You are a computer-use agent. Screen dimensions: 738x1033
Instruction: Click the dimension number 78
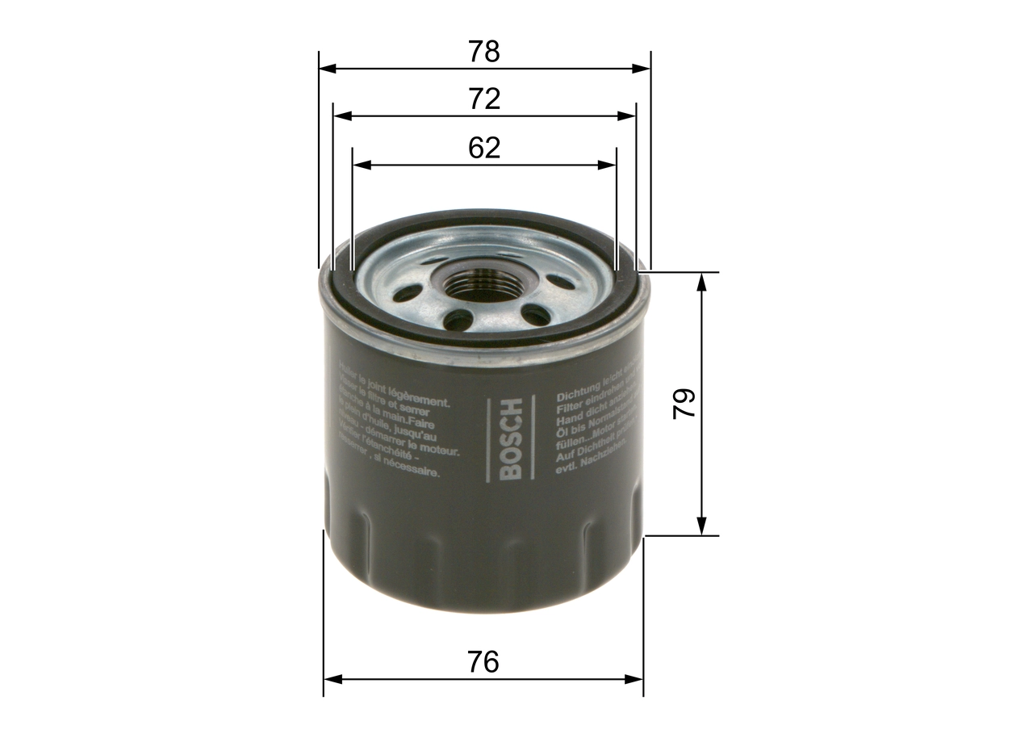[484, 52]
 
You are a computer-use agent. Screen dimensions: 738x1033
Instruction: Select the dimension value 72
[484, 99]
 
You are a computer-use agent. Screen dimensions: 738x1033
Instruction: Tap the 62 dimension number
[484, 148]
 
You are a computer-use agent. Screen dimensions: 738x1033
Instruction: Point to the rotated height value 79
[684, 403]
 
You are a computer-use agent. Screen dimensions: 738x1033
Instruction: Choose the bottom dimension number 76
[483, 662]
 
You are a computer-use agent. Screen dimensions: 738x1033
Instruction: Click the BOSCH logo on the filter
[511, 440]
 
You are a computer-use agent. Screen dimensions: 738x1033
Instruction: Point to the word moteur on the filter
[440, 450]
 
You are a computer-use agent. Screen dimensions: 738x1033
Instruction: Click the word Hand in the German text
[568, 420]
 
